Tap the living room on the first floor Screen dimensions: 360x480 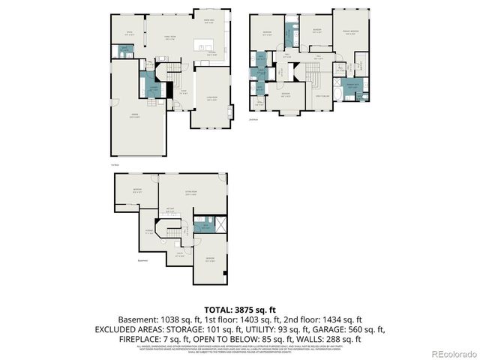point(212,97)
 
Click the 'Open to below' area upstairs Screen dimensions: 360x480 point(322,96)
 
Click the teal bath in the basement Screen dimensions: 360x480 point(201,226)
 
